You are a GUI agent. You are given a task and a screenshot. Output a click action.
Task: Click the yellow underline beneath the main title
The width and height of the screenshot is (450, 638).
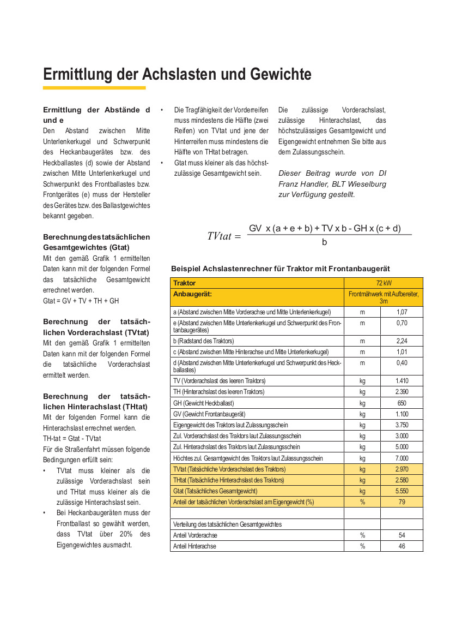tap(94, 88)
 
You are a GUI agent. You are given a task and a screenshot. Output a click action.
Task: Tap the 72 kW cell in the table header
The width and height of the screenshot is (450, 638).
tap(384, 283)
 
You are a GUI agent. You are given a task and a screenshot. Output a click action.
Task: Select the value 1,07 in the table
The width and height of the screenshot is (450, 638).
tap(402, 312)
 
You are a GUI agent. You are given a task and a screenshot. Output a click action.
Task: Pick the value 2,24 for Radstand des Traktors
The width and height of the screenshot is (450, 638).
tap(402, 341)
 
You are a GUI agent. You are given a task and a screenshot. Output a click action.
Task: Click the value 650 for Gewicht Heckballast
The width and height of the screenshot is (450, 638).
tap(402, 403)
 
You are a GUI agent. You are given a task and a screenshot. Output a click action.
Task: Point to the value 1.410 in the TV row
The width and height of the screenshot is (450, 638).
tap(402, 380)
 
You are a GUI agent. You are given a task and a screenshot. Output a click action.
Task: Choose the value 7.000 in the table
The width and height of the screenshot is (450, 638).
tap(402, 458)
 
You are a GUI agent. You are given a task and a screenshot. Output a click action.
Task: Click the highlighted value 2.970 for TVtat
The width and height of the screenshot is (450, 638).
tap(402, 469)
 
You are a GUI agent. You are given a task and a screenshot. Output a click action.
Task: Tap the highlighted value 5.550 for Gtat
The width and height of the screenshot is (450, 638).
tap(402, 491)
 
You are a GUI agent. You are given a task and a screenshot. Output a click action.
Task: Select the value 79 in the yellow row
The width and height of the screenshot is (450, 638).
tap(402, 502)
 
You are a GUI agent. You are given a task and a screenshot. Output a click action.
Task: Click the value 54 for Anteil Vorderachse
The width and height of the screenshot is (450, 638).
tap(402, 535)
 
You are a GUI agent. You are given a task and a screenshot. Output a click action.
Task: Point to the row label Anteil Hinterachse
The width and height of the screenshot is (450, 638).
tap(194, 546)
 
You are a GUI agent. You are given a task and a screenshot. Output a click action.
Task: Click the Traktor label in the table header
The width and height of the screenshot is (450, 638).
tap(184, 283)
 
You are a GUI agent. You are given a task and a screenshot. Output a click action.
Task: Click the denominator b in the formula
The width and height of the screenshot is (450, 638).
tap(325, 242)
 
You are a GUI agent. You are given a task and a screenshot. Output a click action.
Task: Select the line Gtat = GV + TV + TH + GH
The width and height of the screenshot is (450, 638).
tap(81, 301)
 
